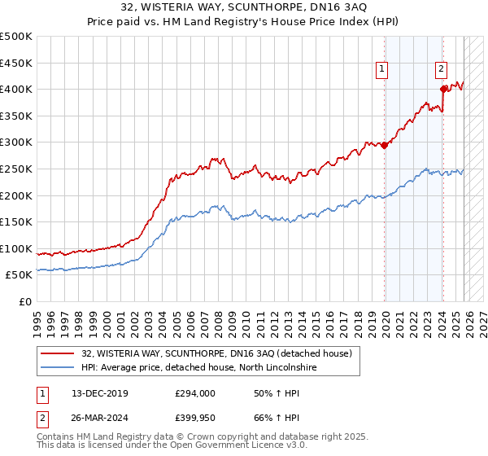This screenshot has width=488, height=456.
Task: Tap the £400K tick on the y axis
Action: pos(16,89)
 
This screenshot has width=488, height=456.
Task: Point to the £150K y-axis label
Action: pos(16,221)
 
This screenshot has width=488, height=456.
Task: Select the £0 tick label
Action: pos(25,301)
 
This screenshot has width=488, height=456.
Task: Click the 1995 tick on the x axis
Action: pos(37,316)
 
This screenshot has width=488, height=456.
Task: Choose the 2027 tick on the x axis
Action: pos(480,316)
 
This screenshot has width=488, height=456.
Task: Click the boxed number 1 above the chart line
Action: pos(381,69)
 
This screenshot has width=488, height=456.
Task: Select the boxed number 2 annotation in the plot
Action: pos(441,69)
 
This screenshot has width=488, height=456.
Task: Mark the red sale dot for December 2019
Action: pos(385,146)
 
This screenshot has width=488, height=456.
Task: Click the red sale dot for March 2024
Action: pos(443,89)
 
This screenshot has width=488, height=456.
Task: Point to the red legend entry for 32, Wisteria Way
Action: pos(216,353)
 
